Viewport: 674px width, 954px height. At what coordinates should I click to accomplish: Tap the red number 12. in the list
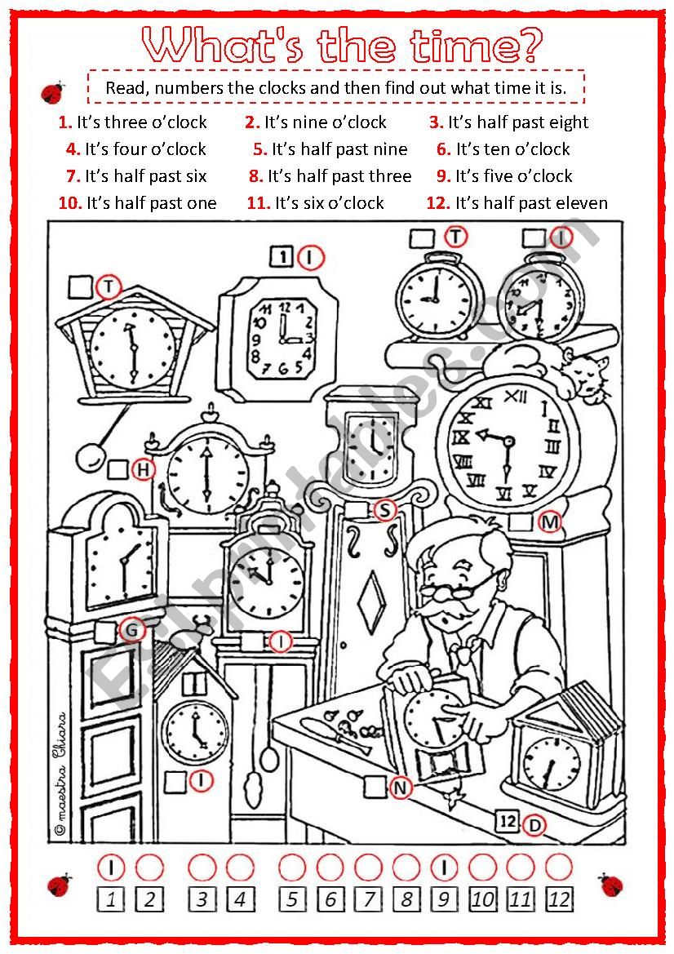click(x=438, y=203)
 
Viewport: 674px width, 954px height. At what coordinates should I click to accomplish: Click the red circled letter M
click(x=551, y=521)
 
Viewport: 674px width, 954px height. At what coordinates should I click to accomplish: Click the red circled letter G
click(x=131, y=630)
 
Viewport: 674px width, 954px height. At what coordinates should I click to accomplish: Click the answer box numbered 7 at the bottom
click(x=369, y=900)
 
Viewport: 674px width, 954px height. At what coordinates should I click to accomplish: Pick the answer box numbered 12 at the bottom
click(x=559, y=900)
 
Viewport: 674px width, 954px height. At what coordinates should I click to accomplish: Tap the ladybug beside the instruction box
click(x=53, y=91)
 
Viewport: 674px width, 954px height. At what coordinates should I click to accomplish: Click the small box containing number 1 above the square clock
click(x=282, y=258)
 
